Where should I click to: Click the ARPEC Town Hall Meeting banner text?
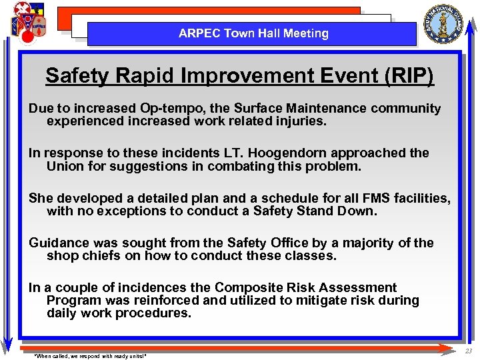tap(253, 33)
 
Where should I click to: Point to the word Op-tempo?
tap(169, 109)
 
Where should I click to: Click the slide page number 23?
tap(468, 351)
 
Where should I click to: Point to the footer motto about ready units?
tap(89, 355)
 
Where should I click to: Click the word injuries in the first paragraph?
tap(297, 121)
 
